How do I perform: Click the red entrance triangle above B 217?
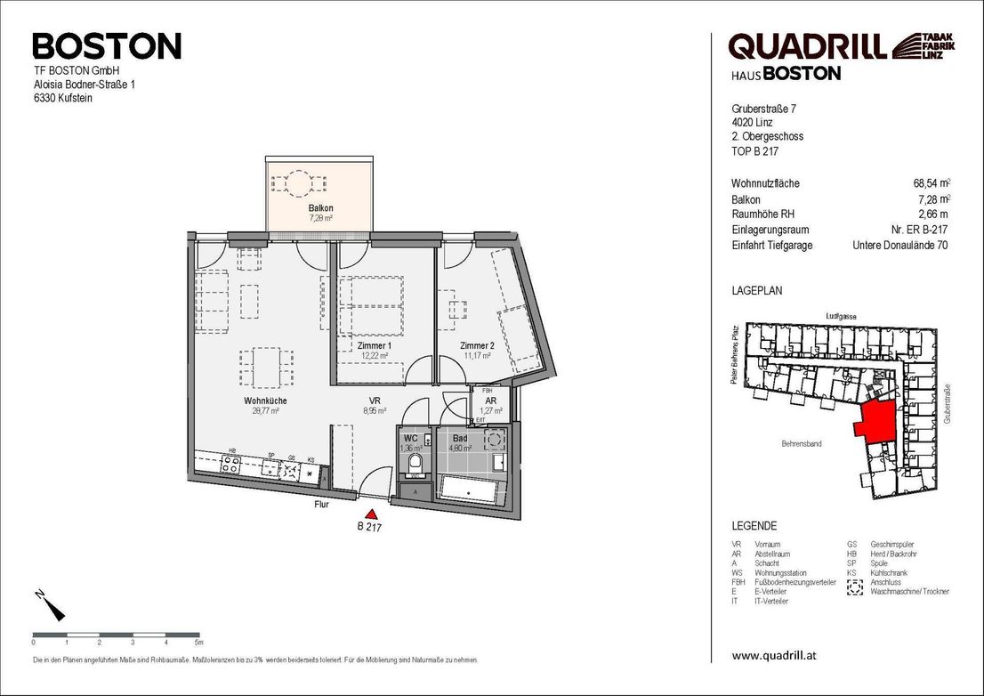click(x=372, y=513)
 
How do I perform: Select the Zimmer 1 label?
click(x=375, y=345)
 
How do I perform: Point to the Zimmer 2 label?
click(x=477, y=345)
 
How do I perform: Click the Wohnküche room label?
click(x=265, y=401)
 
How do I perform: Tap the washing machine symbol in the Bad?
click(x=493, y=439)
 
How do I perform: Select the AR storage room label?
click(x=490, y=401)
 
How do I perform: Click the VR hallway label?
click(x=375, y=401)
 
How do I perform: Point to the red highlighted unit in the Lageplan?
click(x=875, y=417)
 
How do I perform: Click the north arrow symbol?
click(x=52, y=605)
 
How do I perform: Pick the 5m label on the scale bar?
click(x=199, y=642)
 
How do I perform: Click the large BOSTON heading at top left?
click(x=107, y=45)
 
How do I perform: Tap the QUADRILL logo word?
click(x=806, y=45)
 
